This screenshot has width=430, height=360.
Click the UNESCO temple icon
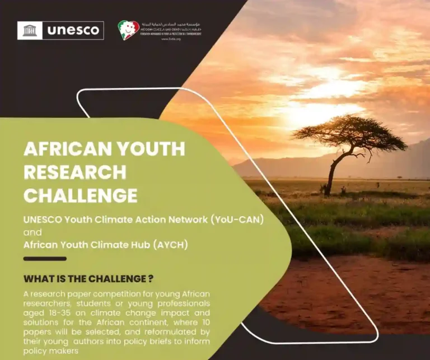[x=30, y=30]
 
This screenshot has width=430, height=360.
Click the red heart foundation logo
[x=128, y=30]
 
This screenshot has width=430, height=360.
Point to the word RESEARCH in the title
[x=75, y=172]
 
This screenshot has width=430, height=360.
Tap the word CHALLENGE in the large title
[x=81, y=195]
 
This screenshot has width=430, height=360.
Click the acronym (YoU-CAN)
[x=237, y=219]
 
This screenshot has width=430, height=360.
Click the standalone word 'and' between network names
[x=32, y=232]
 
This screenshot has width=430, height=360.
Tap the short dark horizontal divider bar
[x=45, y=259]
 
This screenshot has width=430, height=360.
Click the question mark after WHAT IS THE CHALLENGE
[x=151, y=278]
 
